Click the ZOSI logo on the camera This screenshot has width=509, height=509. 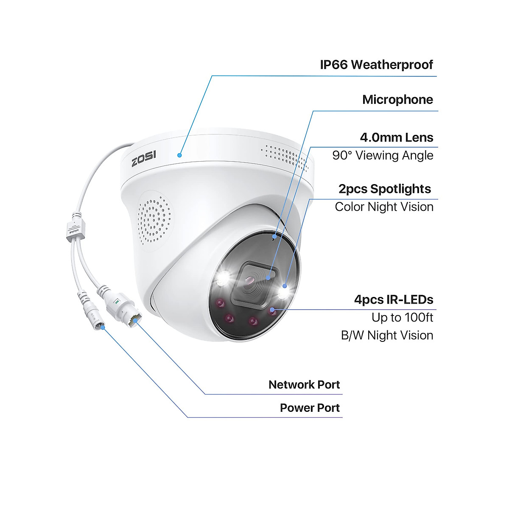(144, 159)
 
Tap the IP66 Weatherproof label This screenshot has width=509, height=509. (376, 65)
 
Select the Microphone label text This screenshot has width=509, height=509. (397, 100)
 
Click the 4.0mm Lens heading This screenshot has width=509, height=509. (396, 137)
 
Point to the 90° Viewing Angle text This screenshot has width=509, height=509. (383, 155)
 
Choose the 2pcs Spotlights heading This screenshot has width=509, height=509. (384, 189)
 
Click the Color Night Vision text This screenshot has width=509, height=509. (384, 207)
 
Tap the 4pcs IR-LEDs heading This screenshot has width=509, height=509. (394, 299)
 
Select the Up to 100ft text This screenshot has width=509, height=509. (402, 317)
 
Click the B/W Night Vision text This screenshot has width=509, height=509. (387, 335)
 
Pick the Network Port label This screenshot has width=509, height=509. (304, 385)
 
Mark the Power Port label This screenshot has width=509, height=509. (310, 408)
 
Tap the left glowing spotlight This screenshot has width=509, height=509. (222, 278)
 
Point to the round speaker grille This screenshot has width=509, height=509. (155, 221)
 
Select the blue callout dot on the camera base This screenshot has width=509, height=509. (180, 155)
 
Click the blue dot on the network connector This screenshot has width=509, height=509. (135, 321)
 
